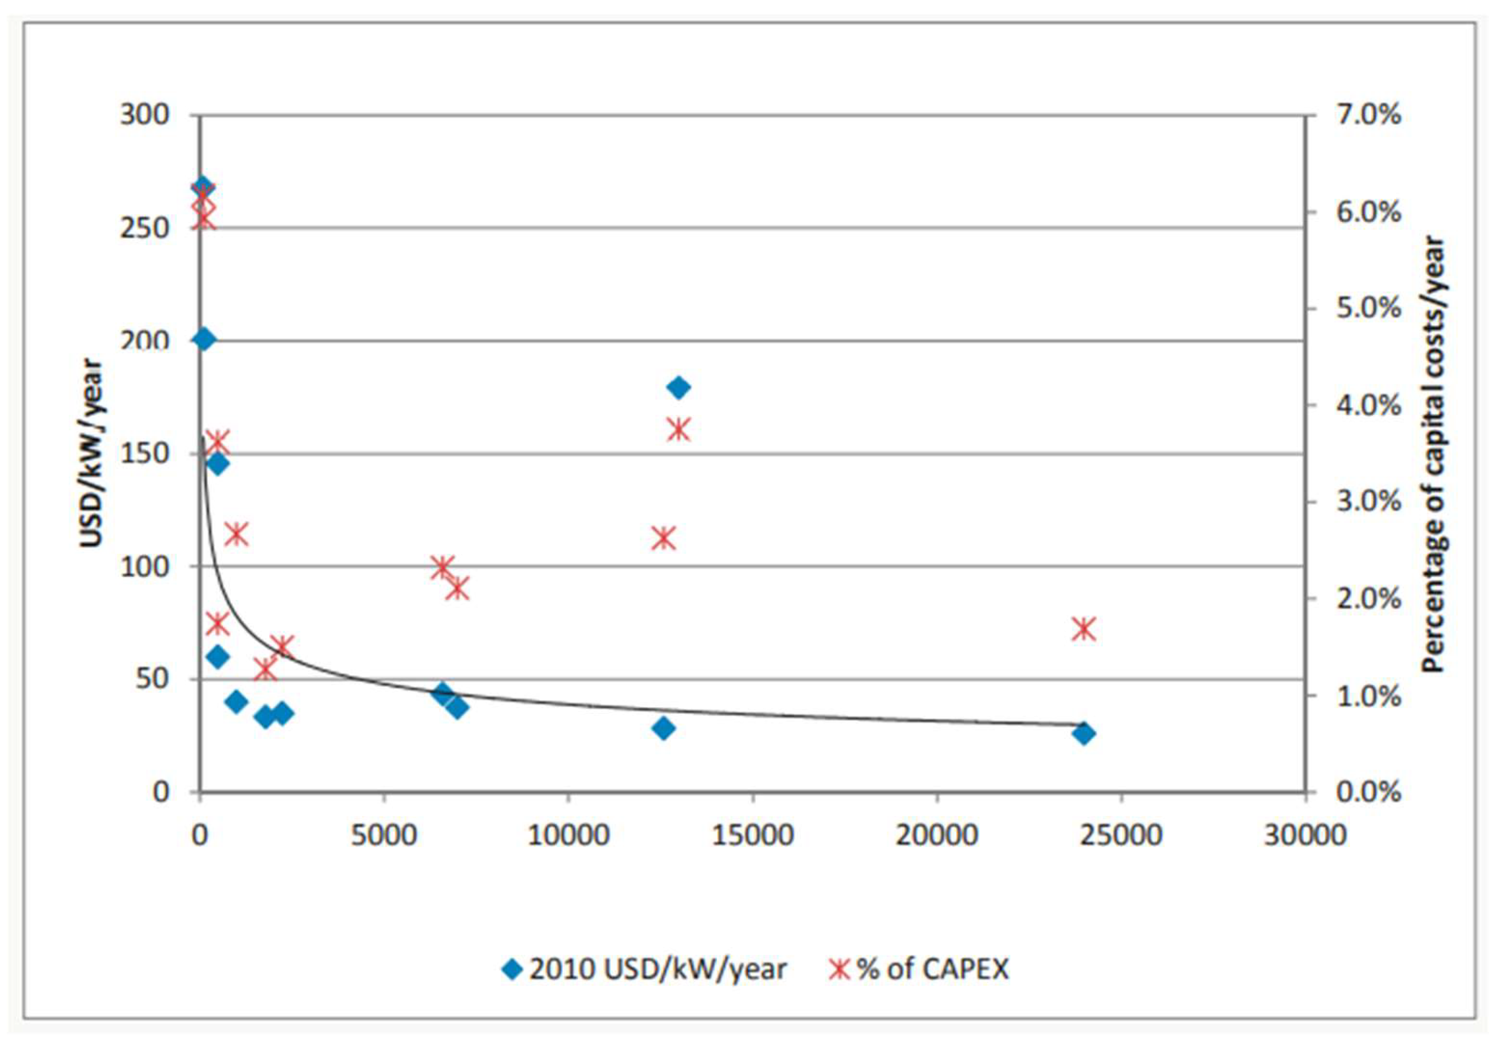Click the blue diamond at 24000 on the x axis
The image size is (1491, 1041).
(1083, 733)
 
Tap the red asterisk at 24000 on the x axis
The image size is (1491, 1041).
(1083, 629)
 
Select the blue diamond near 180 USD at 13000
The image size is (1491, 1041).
(679, 388)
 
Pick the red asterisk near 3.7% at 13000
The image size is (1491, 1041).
(679, 429)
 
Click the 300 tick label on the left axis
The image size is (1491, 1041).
(144, 115)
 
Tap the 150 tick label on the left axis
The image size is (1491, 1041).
(144, 454)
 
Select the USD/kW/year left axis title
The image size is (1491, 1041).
(92, 454)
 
